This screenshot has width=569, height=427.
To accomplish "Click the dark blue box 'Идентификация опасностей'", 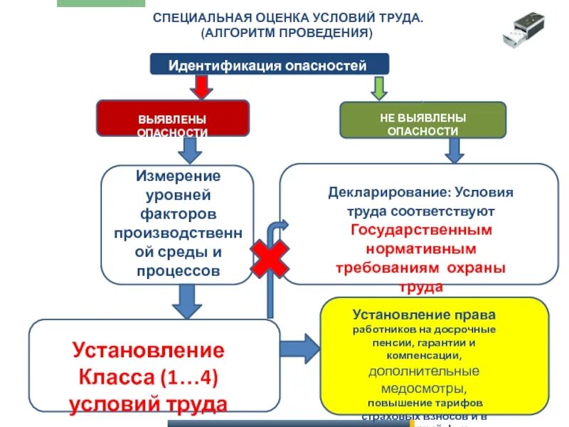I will tap(269, 65).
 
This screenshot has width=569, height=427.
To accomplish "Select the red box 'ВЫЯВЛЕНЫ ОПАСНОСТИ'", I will tap(173, 118).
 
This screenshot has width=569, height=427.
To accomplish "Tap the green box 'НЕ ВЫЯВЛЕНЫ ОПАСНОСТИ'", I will tap(422, 118).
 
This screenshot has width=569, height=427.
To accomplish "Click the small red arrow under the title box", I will tap(202, 86).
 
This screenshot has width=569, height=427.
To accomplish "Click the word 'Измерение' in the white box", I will tap(177, 176).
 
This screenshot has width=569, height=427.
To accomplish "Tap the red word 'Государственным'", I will tap(422, 231).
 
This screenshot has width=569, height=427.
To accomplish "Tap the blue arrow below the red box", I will tap(188, 150).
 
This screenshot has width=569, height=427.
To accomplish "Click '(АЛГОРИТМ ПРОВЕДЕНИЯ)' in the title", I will tap(287, 33).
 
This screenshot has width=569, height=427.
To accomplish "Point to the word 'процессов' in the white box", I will tap(177, 271).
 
